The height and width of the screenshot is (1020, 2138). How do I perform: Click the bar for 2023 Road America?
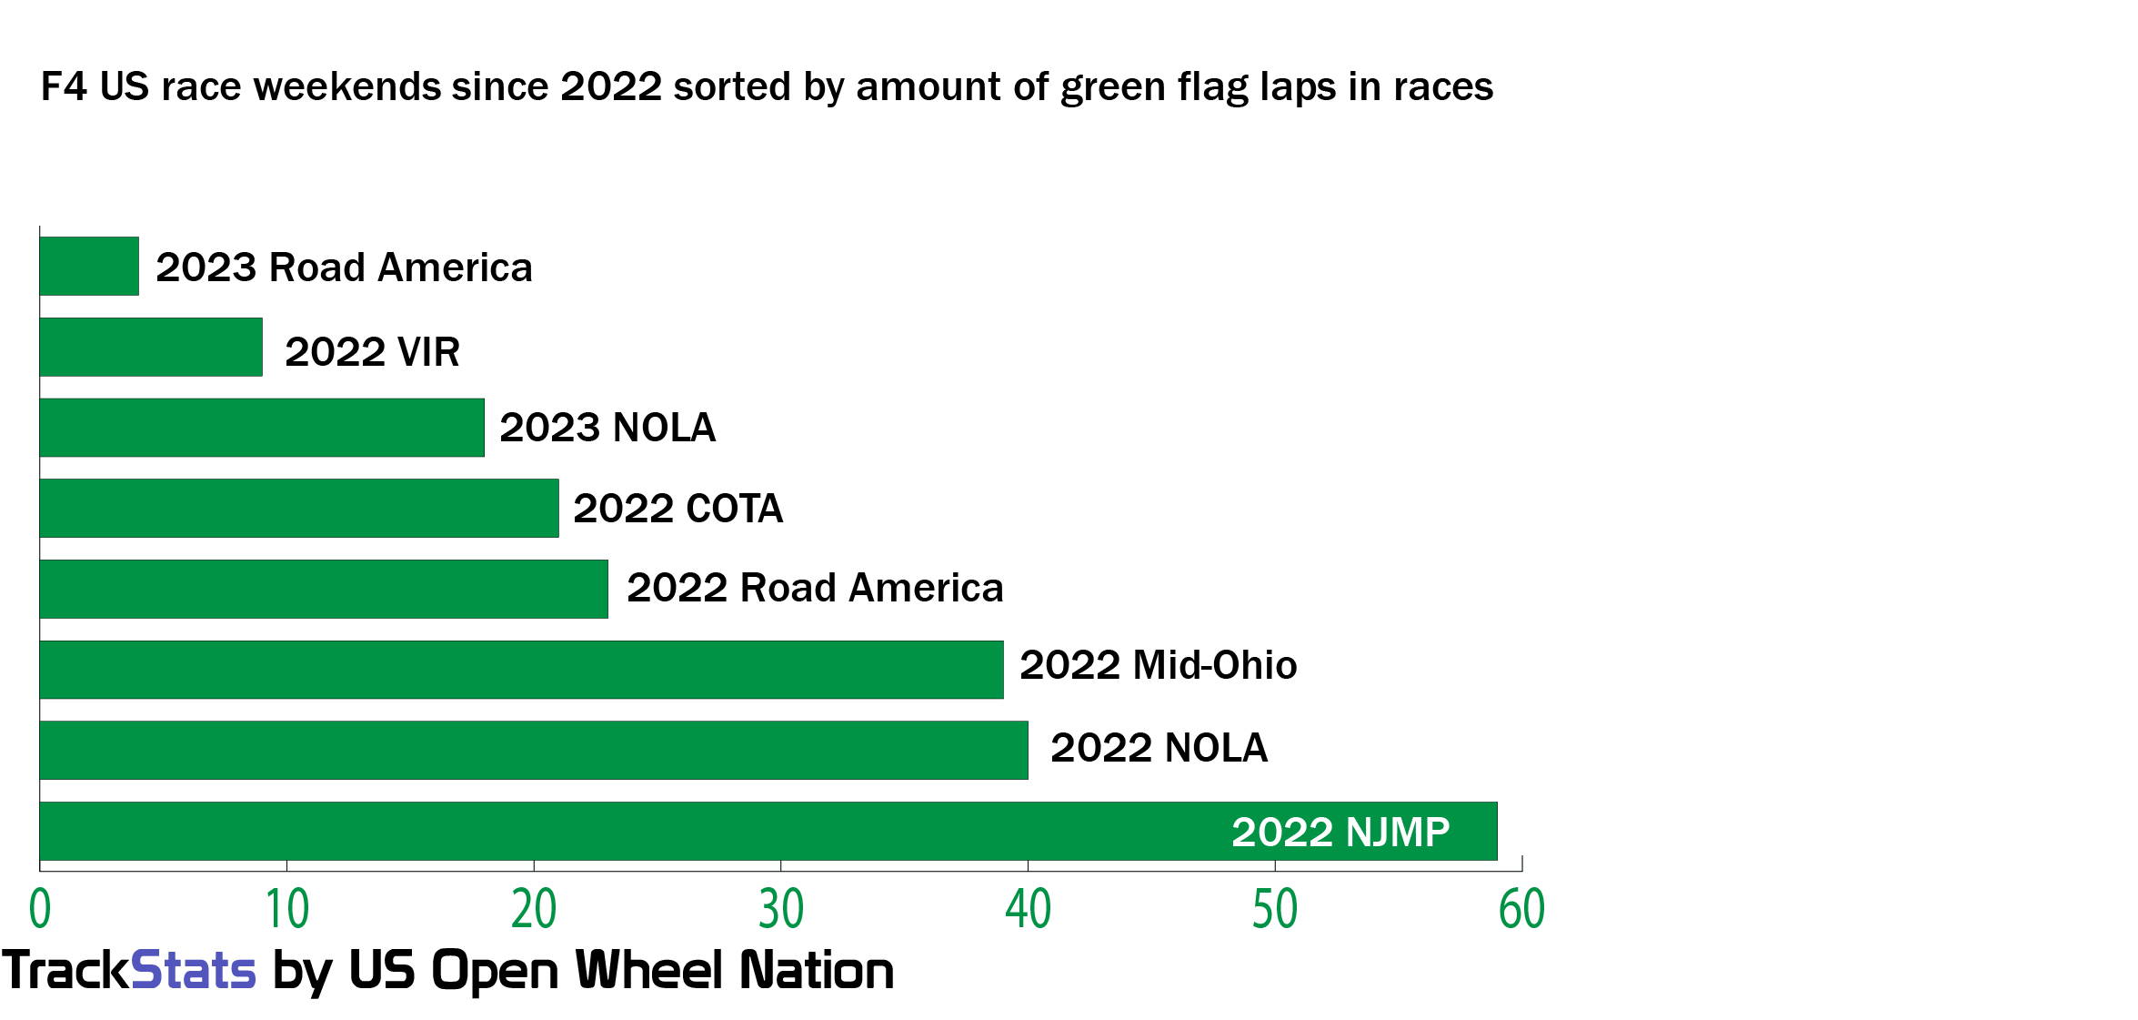tap(89, 267)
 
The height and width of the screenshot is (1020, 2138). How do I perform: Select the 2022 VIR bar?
tap(151, 347)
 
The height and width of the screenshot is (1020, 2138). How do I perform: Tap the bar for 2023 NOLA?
tap(262, 428)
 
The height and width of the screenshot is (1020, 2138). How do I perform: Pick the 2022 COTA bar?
tap(299, 508)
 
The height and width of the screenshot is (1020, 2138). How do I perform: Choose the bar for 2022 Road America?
tap(324, 589)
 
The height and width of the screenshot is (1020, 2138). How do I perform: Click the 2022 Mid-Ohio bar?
tap(521, 670)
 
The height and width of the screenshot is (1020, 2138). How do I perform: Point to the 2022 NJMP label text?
tap(1340, 832)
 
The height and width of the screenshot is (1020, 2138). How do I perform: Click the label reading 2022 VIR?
tap(372, 352)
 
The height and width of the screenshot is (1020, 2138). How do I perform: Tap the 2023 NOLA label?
tap(607, 428)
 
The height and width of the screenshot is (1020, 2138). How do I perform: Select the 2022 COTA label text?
tap(678, 509)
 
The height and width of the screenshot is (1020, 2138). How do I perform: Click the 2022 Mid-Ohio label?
tap(1158, 665)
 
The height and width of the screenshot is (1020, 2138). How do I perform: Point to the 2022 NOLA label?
tap(1159, 748)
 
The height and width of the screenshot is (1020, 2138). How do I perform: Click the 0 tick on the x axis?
tap(40, 909)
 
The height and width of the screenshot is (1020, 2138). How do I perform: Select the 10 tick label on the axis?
tap(287, 909)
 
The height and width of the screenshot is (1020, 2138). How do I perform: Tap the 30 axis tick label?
tap(781, 909)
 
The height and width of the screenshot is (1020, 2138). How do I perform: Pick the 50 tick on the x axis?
tap(1275, 909)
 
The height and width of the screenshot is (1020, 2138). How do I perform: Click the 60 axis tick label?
tap(1521, 909)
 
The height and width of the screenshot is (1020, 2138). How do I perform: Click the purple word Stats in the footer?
tap(194, 970)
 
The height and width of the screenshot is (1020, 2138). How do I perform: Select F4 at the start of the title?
tap(64, 87)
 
